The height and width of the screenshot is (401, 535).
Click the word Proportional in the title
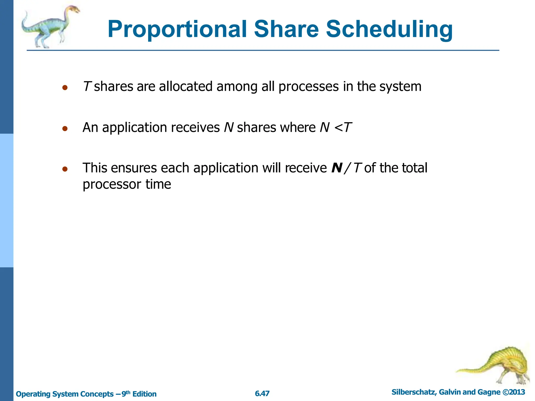tap(177, 29)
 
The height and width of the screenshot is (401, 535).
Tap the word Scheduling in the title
tap(389, 29)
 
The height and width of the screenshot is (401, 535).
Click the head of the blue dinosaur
tap(74, 10)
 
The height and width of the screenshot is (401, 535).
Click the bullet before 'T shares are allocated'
tap(65, 88)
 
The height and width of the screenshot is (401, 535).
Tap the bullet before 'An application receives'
tap(65, 128)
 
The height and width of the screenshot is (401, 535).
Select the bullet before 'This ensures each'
tap(65, 169)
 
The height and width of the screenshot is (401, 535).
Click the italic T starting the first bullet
tap(87, 86)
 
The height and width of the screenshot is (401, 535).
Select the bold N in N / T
tap(337, 168)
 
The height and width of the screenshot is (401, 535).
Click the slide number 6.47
tap(262, 393)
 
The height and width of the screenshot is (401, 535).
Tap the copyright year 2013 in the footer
tap(517, 392)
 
